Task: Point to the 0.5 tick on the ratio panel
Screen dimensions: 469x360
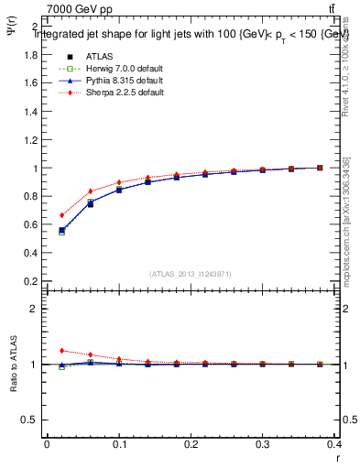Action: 29,420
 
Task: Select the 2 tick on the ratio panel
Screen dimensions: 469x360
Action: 33,309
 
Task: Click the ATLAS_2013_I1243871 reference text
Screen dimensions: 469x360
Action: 191,274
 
